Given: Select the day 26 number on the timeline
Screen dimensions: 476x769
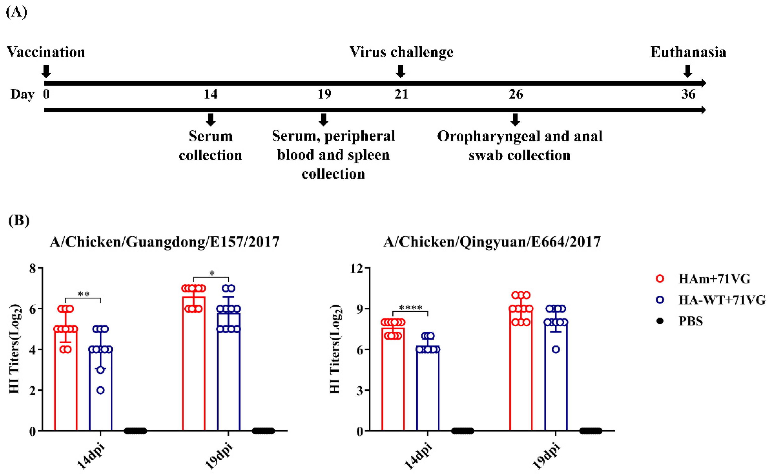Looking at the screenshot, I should coord(516,94).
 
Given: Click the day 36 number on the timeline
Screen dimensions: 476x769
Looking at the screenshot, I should coord(688,94).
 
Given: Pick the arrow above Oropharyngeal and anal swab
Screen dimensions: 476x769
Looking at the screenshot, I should coord(515,120).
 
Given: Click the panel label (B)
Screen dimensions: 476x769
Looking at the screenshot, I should coord(19,220).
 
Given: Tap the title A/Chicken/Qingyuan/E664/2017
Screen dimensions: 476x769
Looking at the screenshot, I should coord(492,242).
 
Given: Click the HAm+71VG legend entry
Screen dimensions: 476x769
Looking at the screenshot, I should coord(714,279).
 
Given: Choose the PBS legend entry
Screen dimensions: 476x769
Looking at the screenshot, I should coord(690,321).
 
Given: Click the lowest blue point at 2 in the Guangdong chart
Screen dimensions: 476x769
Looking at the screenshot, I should coord(100,390).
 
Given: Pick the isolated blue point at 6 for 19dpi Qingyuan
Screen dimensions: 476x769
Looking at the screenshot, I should coord(556,349).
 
